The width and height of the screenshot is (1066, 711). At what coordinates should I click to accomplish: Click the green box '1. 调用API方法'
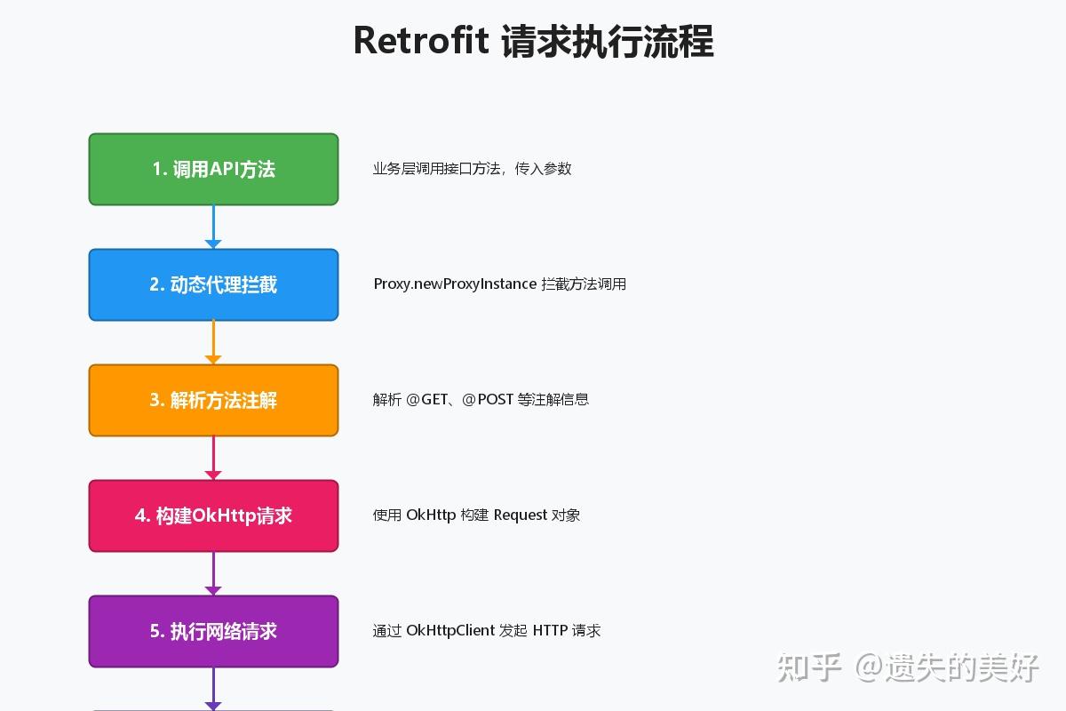(x=213, y=169)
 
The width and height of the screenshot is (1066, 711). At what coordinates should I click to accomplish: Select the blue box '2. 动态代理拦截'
(x=213, y=284)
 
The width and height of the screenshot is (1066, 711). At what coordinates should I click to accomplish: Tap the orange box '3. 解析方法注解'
(x=213, y=400)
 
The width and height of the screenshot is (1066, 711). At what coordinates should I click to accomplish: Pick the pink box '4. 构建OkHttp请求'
(x=213, y=515)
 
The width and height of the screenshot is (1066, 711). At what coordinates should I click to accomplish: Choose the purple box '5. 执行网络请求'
(x=213, y=631)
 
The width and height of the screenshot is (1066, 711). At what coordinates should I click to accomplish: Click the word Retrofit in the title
(x=421, y=41)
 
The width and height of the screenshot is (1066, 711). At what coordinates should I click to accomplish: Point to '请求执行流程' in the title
(x=608, y=41)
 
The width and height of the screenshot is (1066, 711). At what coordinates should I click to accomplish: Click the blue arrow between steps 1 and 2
(x=213, y=227)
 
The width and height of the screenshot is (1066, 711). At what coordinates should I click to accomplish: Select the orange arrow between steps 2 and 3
(x=213, y=342)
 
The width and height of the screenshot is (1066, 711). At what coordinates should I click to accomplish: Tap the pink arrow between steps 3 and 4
(x=213, y=458)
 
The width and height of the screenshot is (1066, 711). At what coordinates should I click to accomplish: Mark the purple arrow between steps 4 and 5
(x=213, y=573)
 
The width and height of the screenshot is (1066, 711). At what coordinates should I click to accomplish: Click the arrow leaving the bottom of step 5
(x=213, y=688)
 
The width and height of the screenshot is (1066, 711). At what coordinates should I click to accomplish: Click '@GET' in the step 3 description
(x=427, y=400)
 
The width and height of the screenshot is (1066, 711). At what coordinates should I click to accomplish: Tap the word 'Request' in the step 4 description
(x=521, y=515)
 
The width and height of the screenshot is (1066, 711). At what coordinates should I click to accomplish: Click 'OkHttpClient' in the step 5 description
(x=450, y=631)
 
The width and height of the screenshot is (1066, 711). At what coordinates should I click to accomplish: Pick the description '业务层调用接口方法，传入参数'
(x=472, y=169)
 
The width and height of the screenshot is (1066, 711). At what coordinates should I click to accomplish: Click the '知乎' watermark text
(x=809, y=667)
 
